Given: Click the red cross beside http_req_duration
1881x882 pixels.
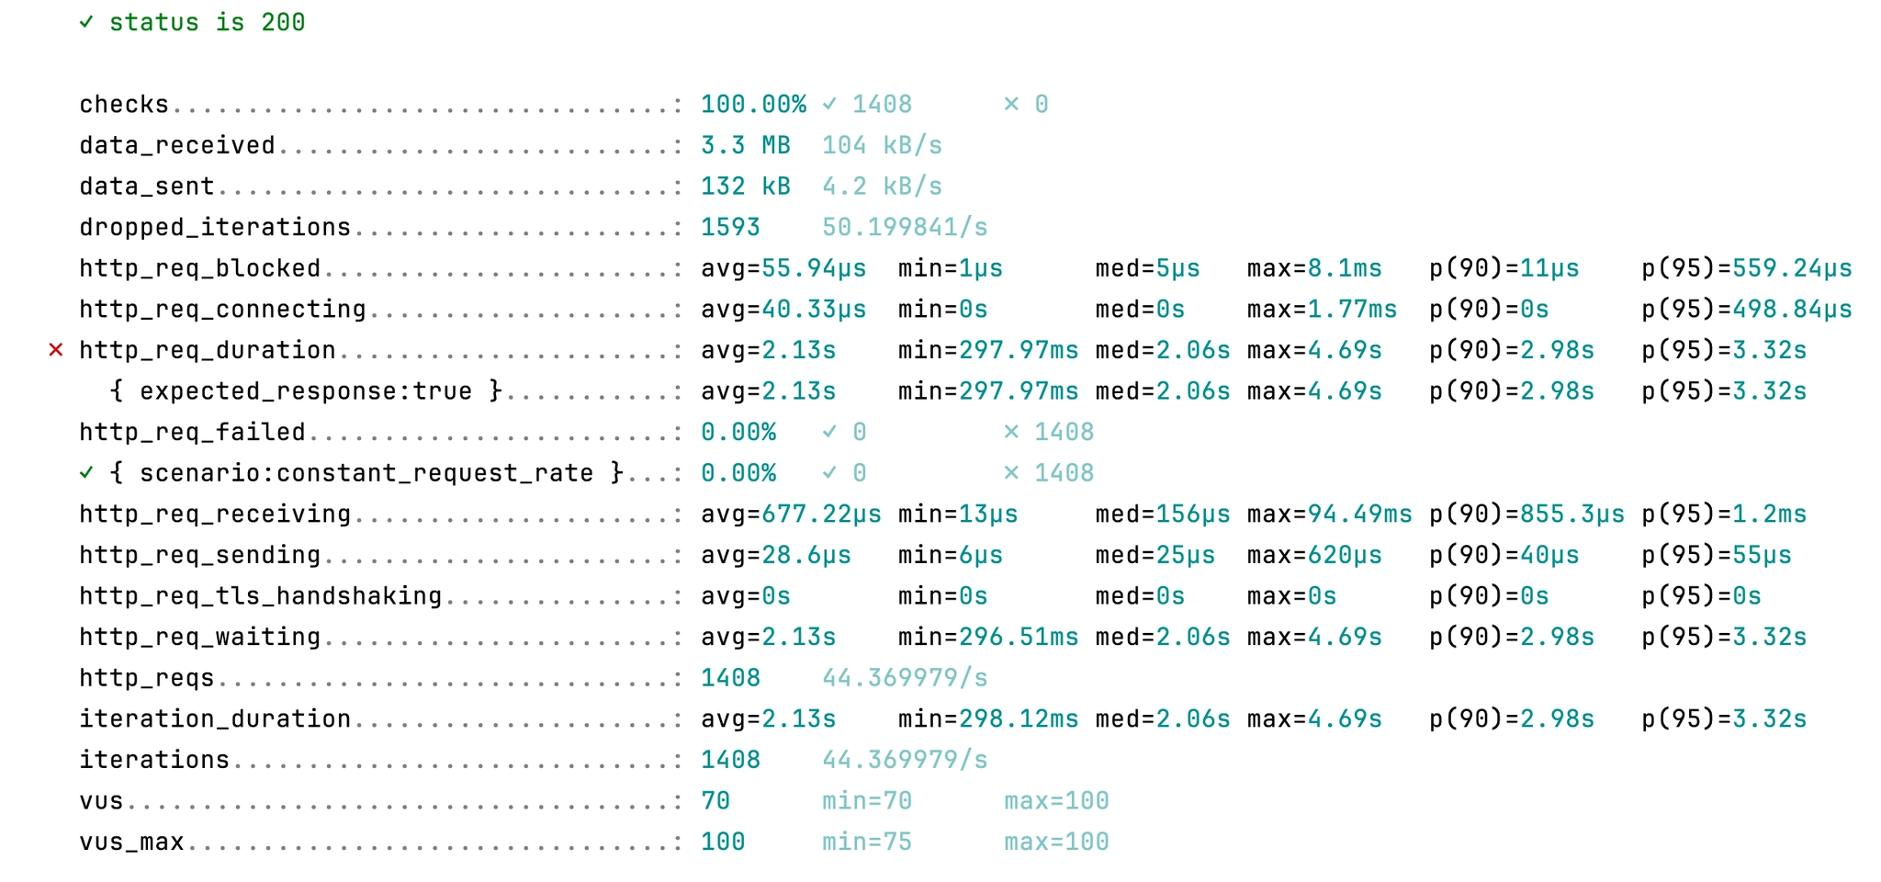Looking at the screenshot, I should coord(56,350).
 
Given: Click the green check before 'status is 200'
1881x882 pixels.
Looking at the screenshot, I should coord(86,22).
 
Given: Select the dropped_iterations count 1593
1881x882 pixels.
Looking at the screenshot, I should coord(730,227).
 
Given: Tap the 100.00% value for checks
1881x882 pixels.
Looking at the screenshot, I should coord(753,104).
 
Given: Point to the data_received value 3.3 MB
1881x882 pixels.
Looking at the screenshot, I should coord(745,145).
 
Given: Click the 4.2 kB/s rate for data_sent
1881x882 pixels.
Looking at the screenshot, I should coord(882,187).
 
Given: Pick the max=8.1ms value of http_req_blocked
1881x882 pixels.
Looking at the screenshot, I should coord(1313,268).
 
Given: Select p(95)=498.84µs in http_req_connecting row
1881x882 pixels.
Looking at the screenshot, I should coord(1746,310).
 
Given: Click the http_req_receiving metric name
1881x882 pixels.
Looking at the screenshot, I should coord(215,514).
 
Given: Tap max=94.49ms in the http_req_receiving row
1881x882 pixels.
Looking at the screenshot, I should coord(1329,514).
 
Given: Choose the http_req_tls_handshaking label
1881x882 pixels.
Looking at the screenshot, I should coord(260,596).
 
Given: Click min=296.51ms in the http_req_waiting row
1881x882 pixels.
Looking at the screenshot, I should coord(988,637).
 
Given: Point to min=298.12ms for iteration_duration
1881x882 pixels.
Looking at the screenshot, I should coord(988,718).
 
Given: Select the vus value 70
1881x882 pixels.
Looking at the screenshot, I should coord(715,801).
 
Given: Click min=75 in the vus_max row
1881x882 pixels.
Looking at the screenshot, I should coord(866,842).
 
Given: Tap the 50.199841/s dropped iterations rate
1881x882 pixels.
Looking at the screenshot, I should coord(905,227).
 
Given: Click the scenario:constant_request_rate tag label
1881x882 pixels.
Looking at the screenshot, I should coord(366,473).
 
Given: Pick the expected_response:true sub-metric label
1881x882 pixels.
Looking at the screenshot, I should coord(306,391).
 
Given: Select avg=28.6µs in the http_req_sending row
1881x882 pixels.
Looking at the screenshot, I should coord(775,555).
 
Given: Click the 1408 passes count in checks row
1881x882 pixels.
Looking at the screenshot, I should coord(882,104).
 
